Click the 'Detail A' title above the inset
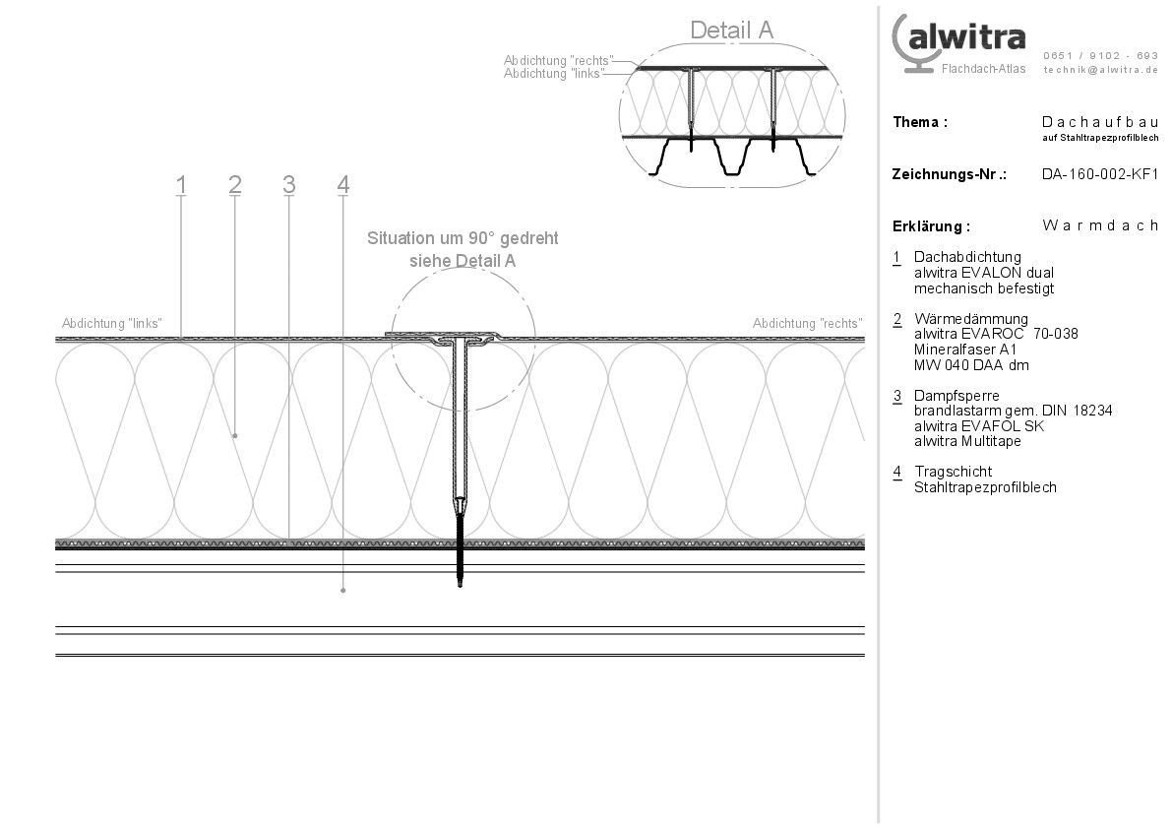click(731, 30)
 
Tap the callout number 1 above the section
click(181, 184)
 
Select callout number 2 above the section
click(234, 184)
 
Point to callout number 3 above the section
click(288, 184)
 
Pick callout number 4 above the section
click(342, 184)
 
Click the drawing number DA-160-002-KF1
click(1100, 174)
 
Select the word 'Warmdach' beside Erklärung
click(1100, 225)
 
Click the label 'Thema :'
click(920, 122)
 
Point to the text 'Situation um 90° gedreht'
click(463, 238)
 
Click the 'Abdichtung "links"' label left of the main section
click(111, 323)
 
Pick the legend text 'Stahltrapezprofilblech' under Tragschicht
click(985, 487)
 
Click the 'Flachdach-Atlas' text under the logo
click(983, 69)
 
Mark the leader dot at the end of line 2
click(234, 434)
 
